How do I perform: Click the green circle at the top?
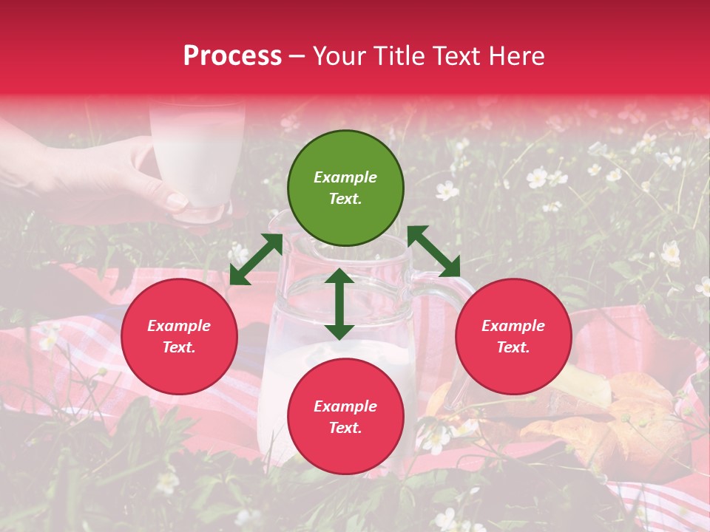tap(345, 188)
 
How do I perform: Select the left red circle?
tap(179, 336)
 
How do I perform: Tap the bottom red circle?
tap(345, 417)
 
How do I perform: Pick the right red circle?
tap(513, 336)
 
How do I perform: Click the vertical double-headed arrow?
tap(339, 304)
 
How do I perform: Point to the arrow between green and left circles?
tap(256, 259)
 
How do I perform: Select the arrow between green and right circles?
tap(433, 251)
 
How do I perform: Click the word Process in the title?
tap(232, 56)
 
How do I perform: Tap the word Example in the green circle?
tap(345, 177)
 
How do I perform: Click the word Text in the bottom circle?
tap(345, 428)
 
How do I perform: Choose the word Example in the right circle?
tap(513, 326)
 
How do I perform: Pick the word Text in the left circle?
tap(179, 347)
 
